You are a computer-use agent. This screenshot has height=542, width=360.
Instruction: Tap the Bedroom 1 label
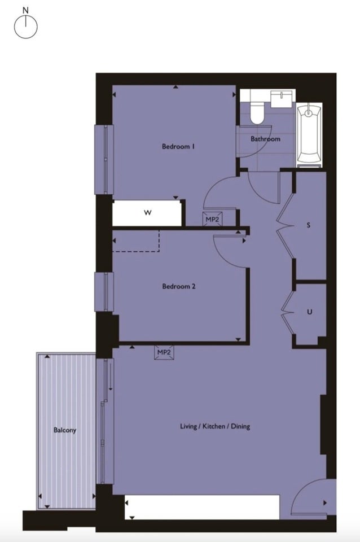point(178,146)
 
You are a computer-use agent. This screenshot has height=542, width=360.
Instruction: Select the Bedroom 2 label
point(179,286)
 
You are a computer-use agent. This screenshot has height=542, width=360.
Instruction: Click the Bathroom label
point(265,139)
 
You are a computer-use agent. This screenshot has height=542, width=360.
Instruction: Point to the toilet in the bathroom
point(257,111)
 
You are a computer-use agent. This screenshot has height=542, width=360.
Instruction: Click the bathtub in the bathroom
point(309,135)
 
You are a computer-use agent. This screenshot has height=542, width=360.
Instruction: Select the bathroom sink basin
point(283,98)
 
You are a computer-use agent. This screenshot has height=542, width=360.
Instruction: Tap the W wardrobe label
point(147,213)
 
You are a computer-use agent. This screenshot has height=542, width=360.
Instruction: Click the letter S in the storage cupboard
point(309,225)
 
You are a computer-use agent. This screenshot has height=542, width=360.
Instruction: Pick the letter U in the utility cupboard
point(310,312)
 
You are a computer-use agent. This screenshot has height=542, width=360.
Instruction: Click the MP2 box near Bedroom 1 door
point(212,219)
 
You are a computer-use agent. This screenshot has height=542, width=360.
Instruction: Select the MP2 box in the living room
point(164,352)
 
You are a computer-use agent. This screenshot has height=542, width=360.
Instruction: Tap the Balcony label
point(64,430)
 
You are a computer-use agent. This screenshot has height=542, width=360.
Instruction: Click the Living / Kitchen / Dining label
point(215,426)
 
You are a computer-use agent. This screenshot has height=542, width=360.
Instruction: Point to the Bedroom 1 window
point(104,159)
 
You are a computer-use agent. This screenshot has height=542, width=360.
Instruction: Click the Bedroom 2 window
point(104,292)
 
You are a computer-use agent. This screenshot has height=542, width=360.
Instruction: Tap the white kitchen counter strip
point(202,507)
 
